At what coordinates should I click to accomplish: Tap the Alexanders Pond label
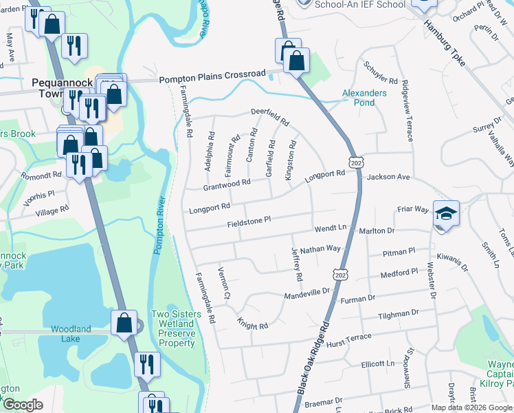pos(364,97)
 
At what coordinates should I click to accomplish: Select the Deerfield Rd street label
pos(269,116)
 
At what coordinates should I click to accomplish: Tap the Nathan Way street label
pos(320,249)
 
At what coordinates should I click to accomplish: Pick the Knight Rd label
pos(252,324)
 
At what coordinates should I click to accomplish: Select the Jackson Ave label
pos(388,178)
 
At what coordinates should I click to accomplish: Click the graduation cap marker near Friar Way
pos(446,213)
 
